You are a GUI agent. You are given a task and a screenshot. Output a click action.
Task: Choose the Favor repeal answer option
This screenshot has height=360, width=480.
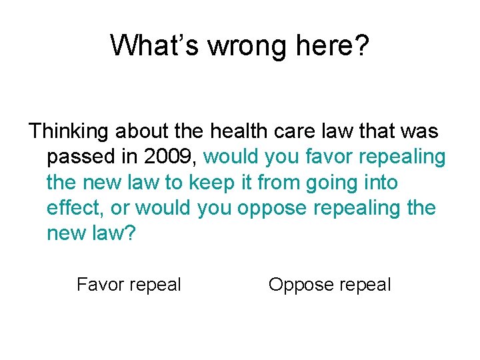pos(129,285)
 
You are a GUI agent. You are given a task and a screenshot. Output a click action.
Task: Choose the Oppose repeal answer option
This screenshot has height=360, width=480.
pos(329,285)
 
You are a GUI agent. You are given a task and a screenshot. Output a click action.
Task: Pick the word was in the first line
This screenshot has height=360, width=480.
pos(420,131)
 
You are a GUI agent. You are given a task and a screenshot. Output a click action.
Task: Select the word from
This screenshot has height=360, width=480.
pos(279,182)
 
